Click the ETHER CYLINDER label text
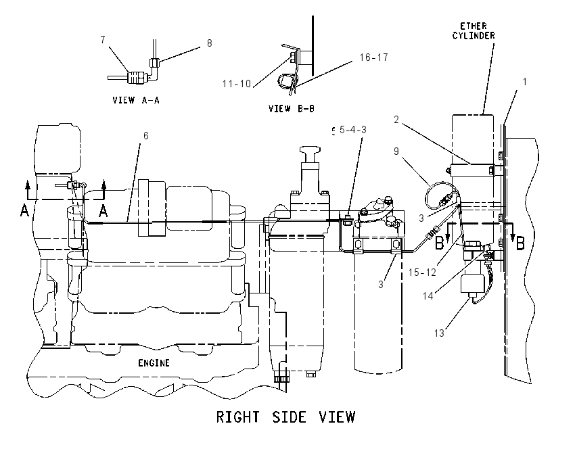pos(474,31)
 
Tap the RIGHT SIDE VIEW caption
pos(285,417)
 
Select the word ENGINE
pos(154,363)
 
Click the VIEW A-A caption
pos(136,100)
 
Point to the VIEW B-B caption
pos(291,108)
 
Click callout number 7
pos(103,40)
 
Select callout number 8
pos(210,43)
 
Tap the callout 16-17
pos(373,57)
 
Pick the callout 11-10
pos(237,84)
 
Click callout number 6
pos(146,136)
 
